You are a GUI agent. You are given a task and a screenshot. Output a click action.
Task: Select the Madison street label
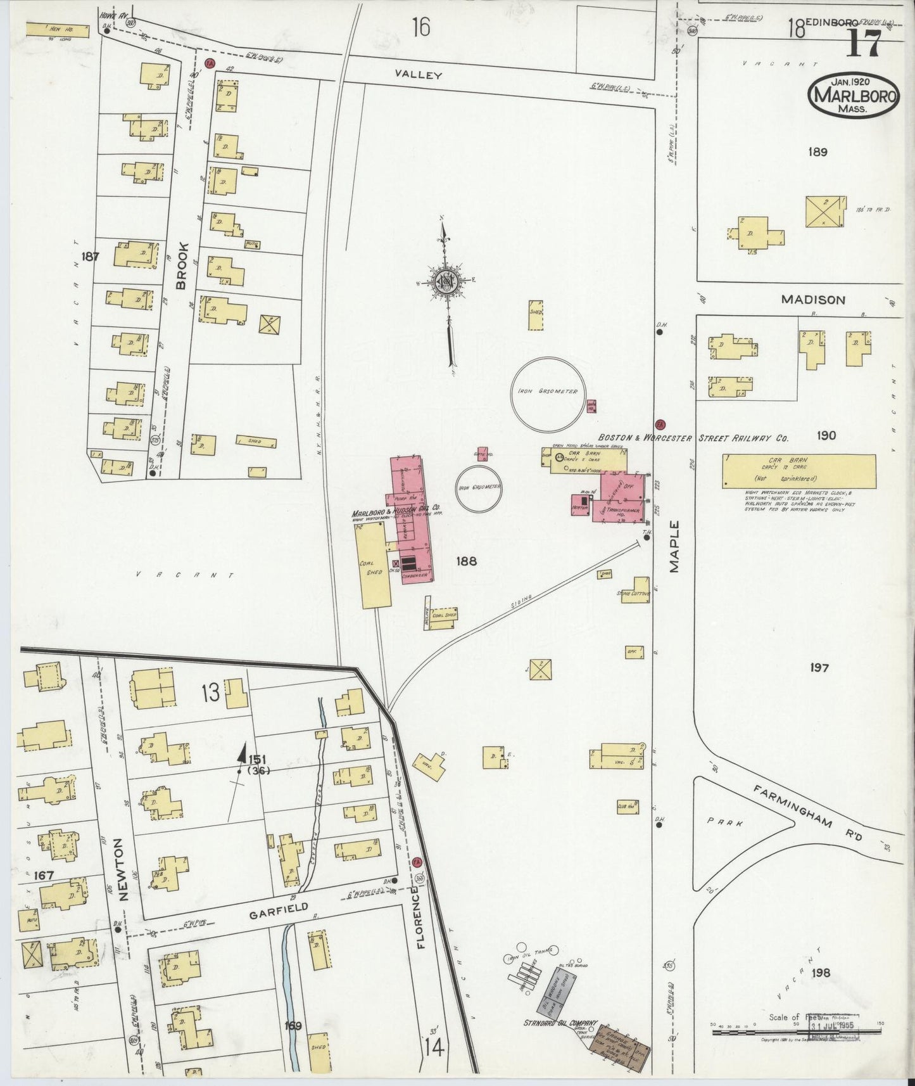[813, 300]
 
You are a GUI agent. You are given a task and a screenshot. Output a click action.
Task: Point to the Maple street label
[674, 547]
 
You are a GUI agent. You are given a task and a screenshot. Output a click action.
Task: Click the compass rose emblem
[448, 281]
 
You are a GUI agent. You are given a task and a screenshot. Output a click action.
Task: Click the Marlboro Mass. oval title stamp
[853, 96]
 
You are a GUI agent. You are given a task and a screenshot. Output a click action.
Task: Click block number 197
[818, 667]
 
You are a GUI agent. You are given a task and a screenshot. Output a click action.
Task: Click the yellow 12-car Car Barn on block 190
[799, 471]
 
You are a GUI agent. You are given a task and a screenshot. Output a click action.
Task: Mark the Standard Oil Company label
[560, 1023]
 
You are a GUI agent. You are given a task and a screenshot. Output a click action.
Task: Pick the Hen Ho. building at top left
[49, 29]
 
